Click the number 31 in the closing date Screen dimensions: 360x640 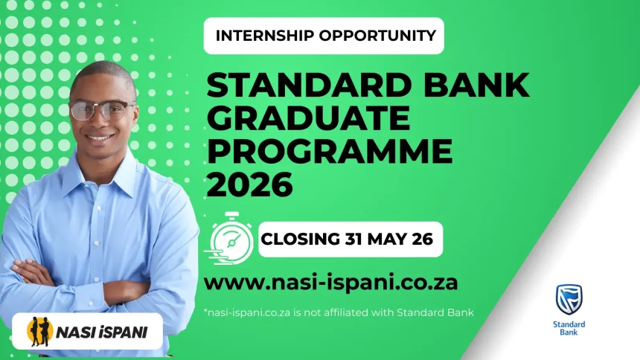pos(355,240)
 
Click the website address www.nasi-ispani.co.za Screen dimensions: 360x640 pos(330,283)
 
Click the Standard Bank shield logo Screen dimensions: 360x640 pos(569,299)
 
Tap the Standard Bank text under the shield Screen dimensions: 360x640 pos(569,328)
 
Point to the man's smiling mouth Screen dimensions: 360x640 pos(101,138)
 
